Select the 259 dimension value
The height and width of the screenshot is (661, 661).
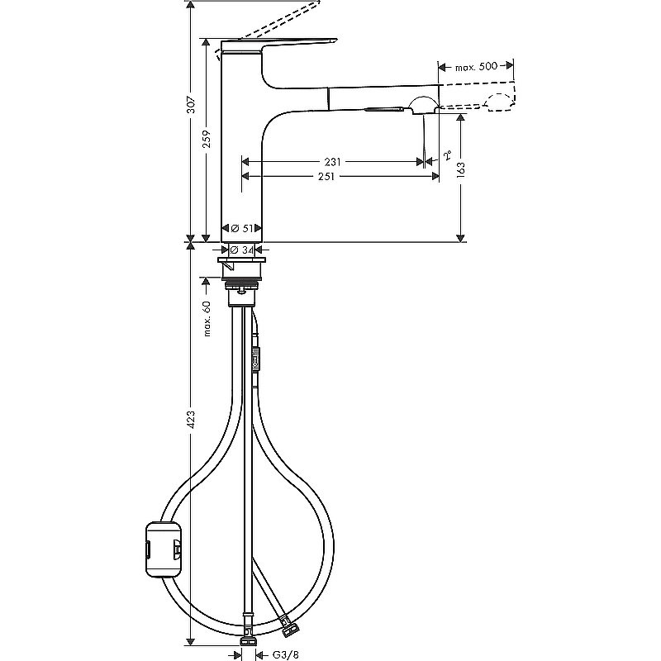point(207,140)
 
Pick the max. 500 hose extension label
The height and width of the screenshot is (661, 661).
point(477,66)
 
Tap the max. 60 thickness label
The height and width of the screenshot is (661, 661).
point(207,318)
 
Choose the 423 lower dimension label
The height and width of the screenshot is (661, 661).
point(191,421)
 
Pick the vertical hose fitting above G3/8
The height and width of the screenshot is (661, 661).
point(245,636)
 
